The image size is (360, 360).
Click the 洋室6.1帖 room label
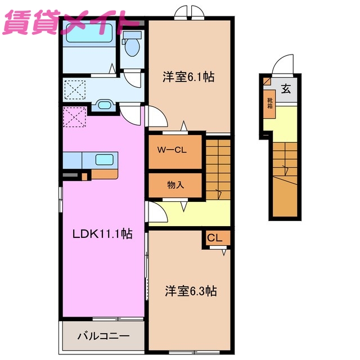click(188, 78)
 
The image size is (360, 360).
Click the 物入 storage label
click(175, 184)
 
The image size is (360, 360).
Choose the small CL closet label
click(215, 238)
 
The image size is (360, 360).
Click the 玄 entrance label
click(286, 89)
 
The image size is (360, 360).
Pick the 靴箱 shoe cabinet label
click(270, 102)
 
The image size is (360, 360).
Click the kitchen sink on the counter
click(105, 159)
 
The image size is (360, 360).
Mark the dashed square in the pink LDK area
click(74, 116)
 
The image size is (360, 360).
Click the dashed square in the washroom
click(74, 89)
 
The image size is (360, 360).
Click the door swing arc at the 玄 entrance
click(284, 66)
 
